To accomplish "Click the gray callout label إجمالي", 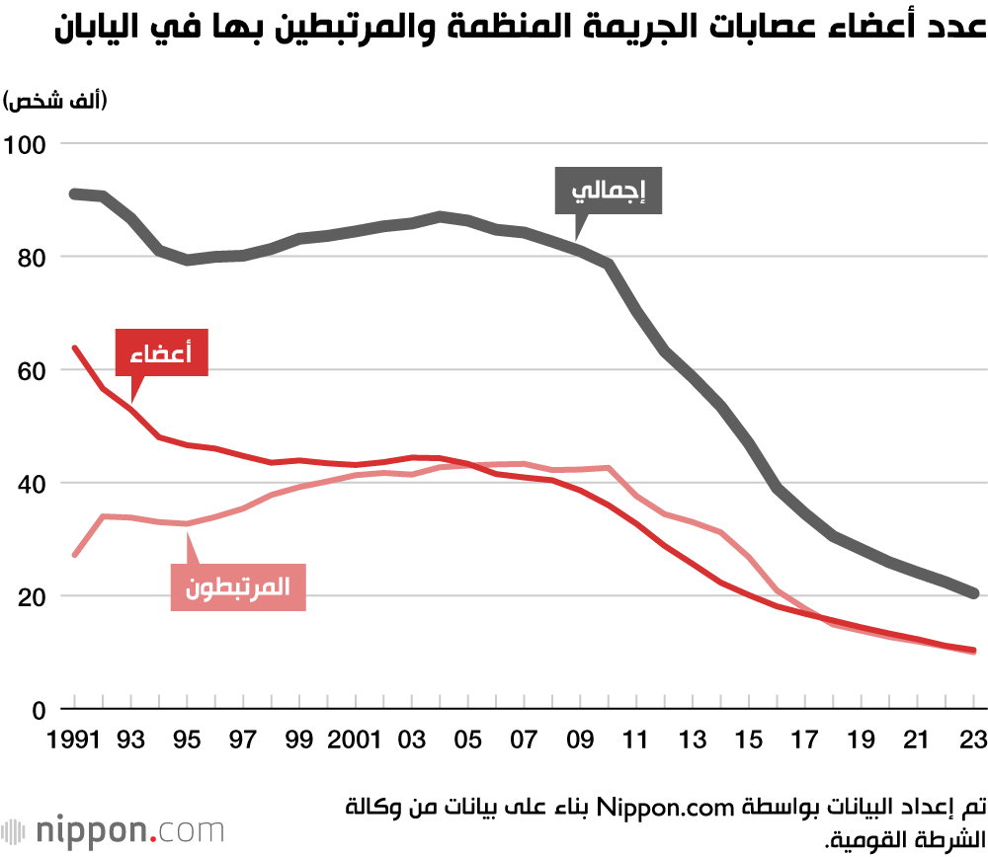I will pyautogui.click(x=608, y=191).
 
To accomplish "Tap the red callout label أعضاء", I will pyautogui.click(x=161, y=351).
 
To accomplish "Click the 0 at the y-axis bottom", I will pyautogui.click(x=40, y=710).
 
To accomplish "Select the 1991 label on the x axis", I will pyautogui.click(x=74, y=740).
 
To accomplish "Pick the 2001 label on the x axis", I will pyautogui.click(x=356, y=740).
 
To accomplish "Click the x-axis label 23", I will pyautogui.click(x=974, y=740).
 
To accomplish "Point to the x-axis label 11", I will pyautogui.click(x=636, y=740).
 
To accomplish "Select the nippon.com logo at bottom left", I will pyautogui.click(x=114, y=829).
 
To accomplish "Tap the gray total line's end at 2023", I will pyautogui.click(x=974, y=593).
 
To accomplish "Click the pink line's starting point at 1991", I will pyautogui.click(x=74, y=555).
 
